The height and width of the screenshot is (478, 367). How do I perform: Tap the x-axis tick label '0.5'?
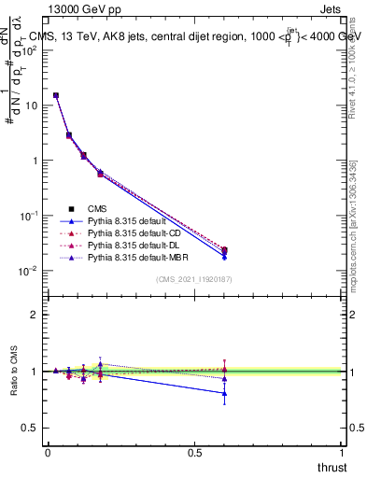point(195,453)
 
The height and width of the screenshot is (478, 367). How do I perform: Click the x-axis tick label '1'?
point(343,453)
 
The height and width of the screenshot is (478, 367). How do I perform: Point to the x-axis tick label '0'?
point(48,453)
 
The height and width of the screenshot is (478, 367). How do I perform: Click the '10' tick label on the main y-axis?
point(30,105)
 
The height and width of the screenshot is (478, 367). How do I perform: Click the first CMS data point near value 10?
point(56,95)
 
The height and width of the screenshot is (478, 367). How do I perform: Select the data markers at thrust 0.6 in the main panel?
point(224,251)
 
